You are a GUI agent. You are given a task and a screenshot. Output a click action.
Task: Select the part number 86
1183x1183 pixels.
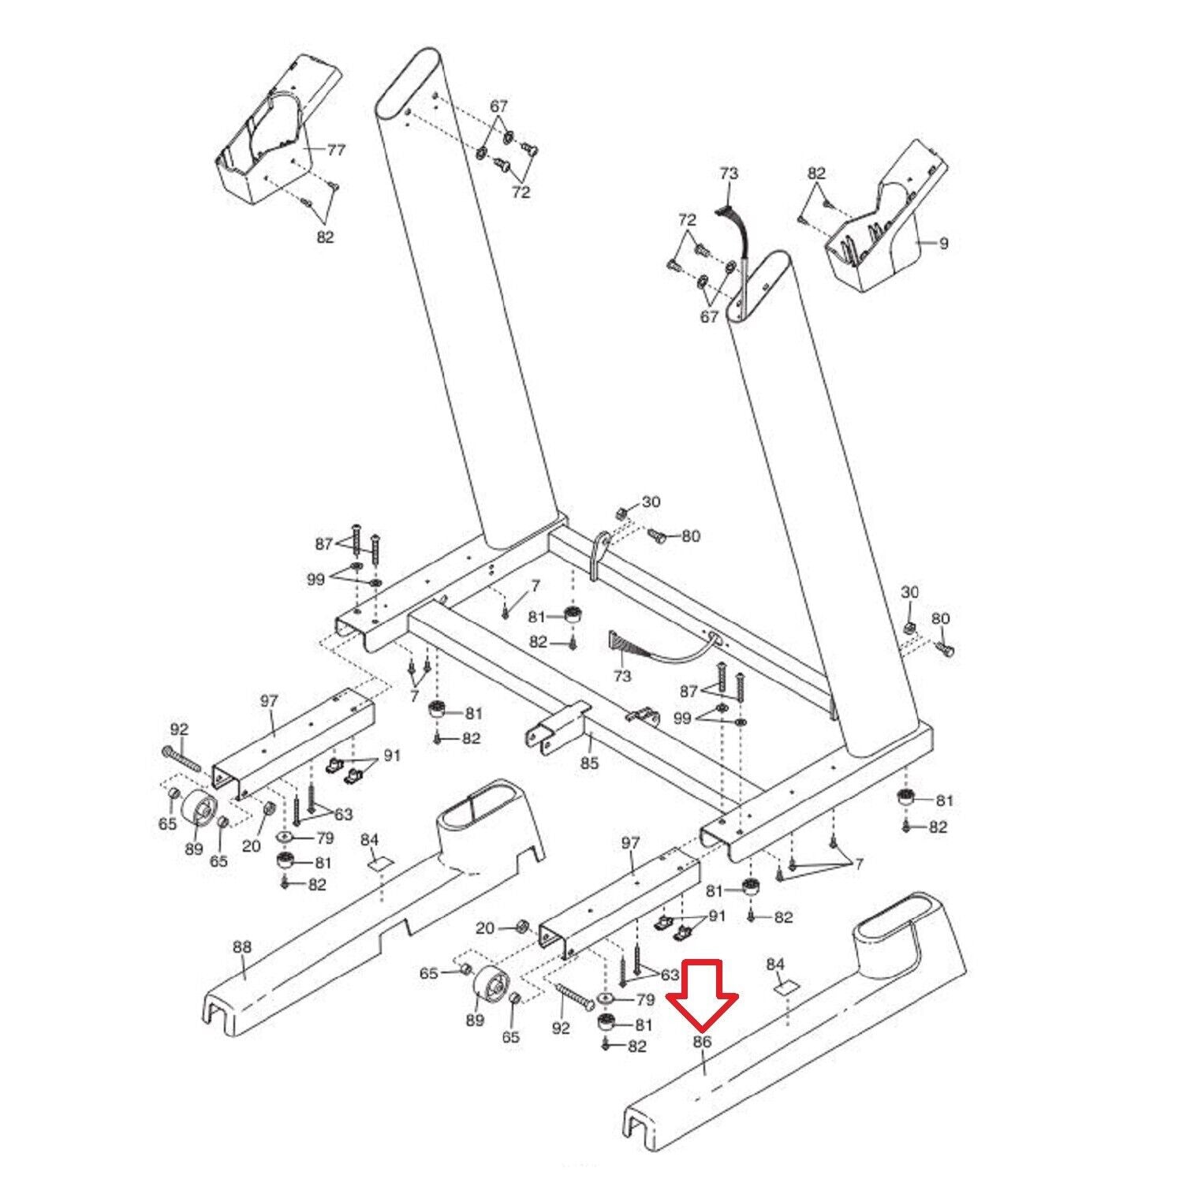tap(702, 1042)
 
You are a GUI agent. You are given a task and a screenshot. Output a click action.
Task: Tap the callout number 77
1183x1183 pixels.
tap(336, 151)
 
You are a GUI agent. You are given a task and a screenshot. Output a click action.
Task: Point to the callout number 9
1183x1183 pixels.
tap(943, 243)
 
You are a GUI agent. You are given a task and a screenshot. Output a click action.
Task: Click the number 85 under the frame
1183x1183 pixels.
tap(590, 763)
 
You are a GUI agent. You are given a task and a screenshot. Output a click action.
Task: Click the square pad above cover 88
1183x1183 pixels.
tap(380, 862)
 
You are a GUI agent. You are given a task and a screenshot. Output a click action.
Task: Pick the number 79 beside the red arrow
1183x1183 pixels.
tap(644, 999)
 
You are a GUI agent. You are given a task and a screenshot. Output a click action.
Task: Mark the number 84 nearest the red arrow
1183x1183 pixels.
tap(776, 965)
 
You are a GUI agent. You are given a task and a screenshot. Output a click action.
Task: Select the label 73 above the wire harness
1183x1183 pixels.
tap(728, 173)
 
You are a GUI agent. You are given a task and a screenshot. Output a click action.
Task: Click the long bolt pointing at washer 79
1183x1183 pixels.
tap(574, 996)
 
